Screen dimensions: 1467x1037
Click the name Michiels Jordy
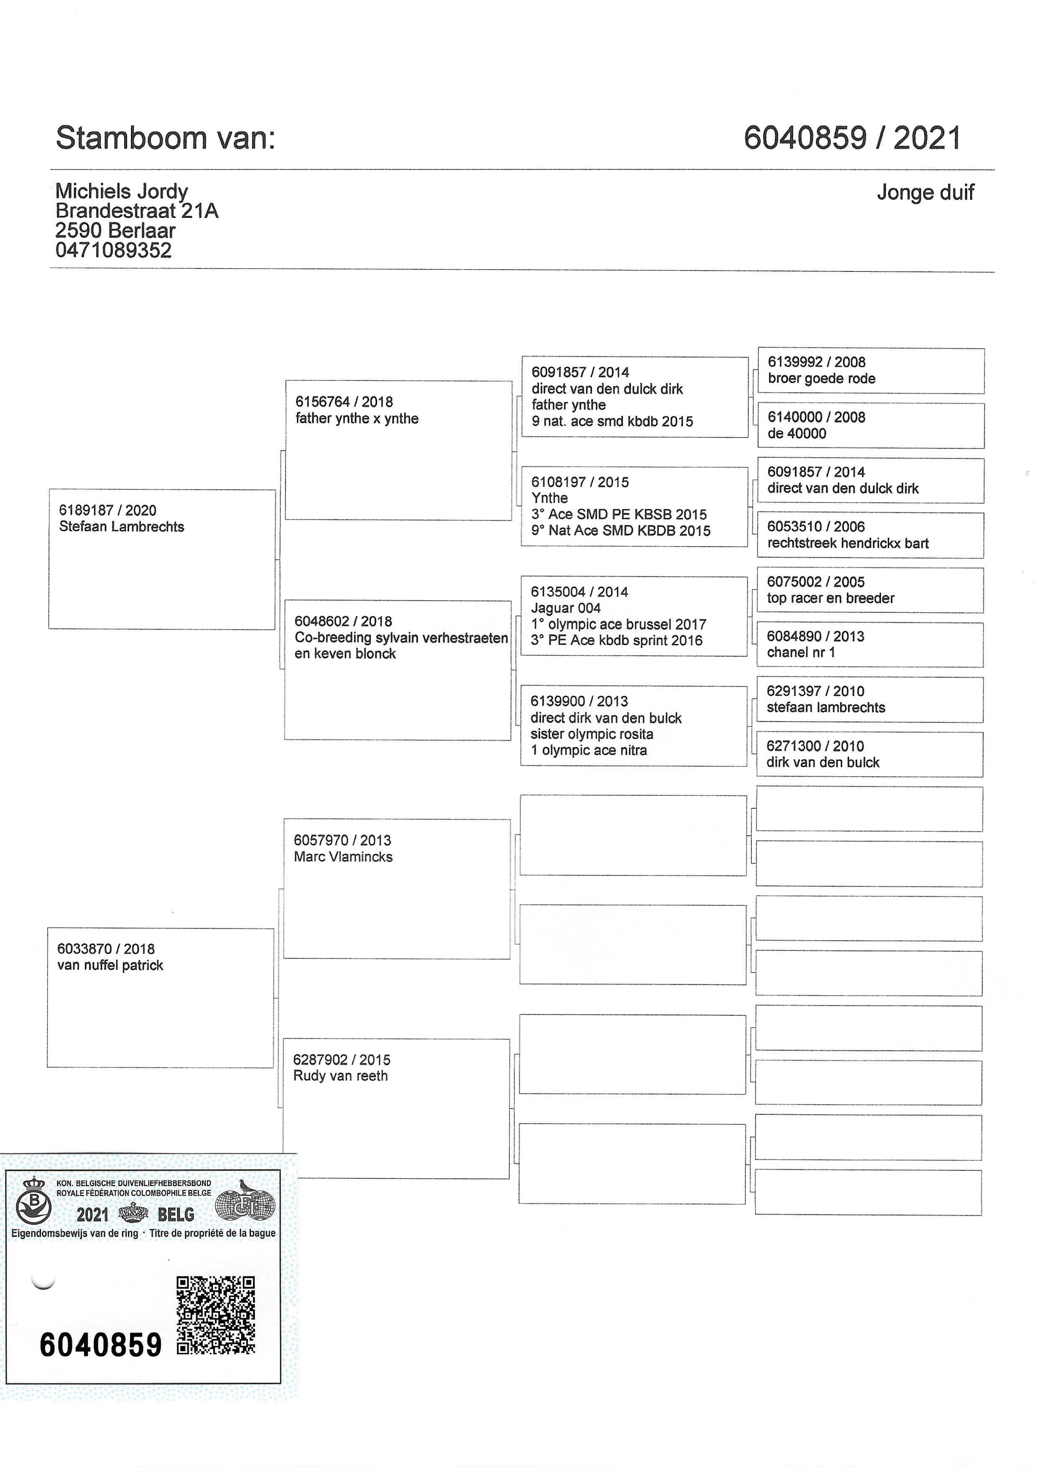tap(121, 191)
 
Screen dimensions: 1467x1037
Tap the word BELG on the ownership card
tap(176, 1214)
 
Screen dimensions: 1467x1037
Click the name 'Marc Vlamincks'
tap(343, 857)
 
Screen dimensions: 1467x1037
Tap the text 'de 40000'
tap(796, 433)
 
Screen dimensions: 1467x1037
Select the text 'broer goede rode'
tap(821, 378)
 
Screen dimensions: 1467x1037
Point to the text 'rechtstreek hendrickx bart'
tap(847, 543)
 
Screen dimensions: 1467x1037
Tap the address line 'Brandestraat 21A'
tap(137, 211)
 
